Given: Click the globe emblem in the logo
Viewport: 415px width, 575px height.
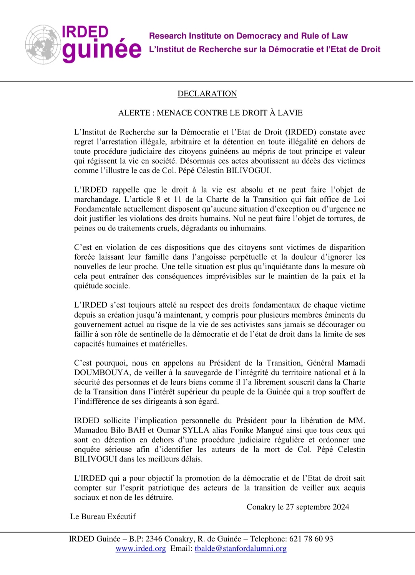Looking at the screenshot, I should click(x=43, y=44).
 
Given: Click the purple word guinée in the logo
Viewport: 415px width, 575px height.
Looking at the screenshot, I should click(x=102, y=50).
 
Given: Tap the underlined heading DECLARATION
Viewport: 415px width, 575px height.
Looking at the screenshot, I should click(x=207, y=94).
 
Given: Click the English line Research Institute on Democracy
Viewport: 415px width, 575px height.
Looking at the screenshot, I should click(x=248, y=36).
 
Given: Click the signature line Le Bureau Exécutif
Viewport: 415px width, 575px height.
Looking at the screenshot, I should click(x=103, y=517).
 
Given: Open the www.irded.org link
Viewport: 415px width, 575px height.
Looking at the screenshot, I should click(x=141, y=548).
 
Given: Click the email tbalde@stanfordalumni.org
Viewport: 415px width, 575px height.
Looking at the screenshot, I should click(x=241, y=548).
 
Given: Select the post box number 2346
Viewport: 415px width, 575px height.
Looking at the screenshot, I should click(x=154, y=539).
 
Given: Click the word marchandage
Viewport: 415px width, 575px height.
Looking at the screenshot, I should click(x=97, y=199).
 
